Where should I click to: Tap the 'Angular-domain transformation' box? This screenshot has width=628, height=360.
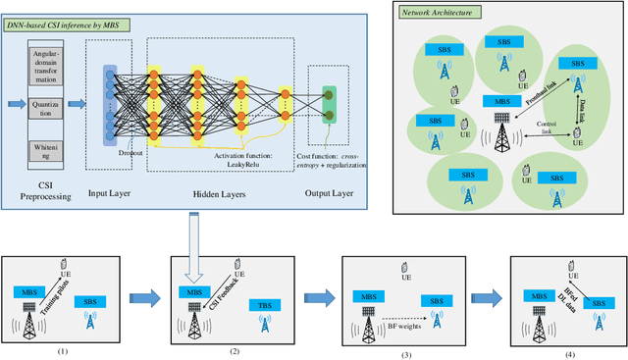click(45, 68)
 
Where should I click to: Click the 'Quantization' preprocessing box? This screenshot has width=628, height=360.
click(45, 107)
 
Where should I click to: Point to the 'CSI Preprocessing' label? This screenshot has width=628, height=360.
click(45, 186)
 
